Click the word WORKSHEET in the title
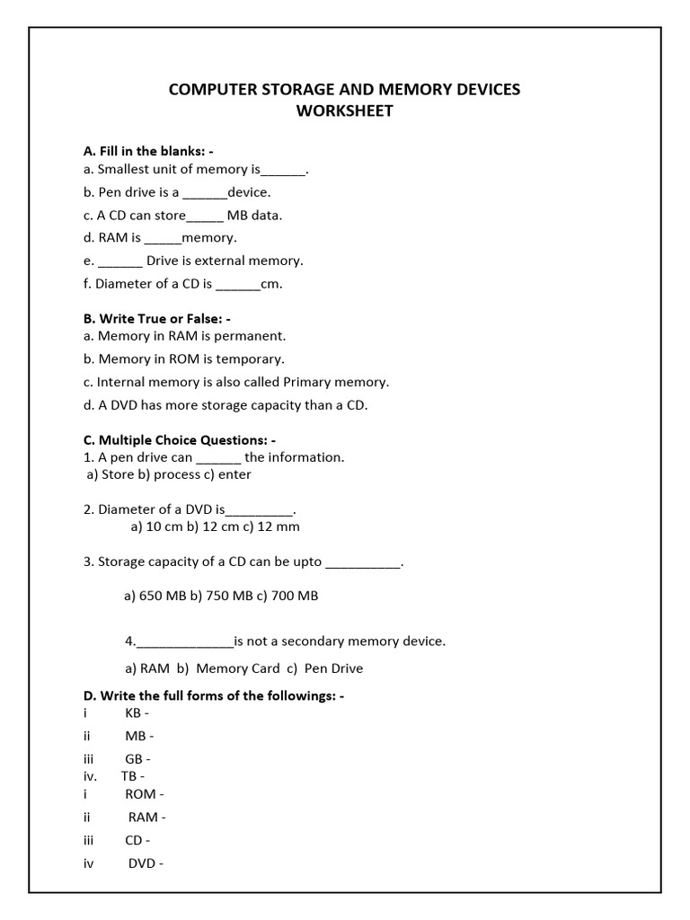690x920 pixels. coord(345,111)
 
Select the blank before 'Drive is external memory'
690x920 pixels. coord(119,261)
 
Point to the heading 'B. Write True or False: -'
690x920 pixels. coord(157,319)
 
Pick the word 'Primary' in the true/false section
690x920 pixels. coord(308,382)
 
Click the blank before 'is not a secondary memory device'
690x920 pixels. coord(184,642)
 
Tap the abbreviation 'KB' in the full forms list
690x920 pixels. coord(133,713)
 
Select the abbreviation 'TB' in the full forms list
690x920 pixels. coord(128,776)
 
